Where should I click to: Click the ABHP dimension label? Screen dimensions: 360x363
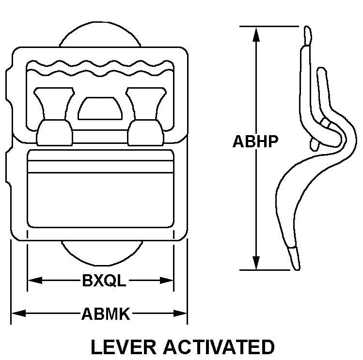tap(255, 141)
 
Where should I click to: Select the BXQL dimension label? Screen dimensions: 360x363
tap(104, 281)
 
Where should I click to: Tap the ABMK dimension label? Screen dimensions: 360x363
tap(106, 314)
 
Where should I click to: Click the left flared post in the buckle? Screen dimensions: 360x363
tap(54, 116)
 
